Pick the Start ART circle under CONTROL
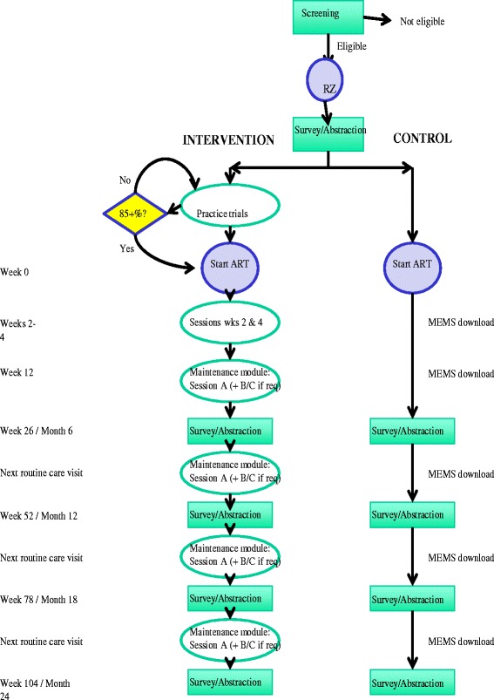tap(415, 265)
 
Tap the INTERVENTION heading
tap(228, 139)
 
